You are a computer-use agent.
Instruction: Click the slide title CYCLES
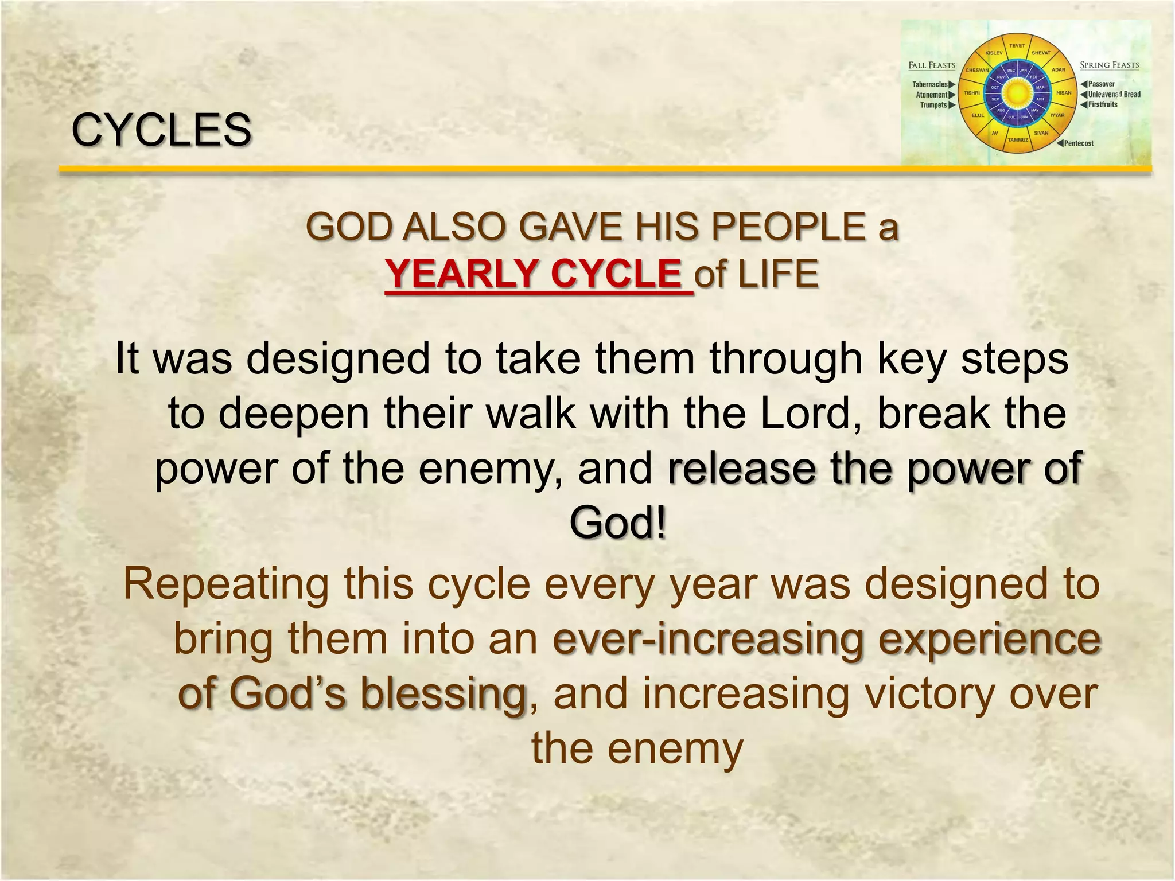(161, 130)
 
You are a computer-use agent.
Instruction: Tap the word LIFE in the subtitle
(778, 274)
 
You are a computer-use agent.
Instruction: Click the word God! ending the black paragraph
(618, 523)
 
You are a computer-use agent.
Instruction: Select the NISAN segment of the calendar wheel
(1064, 93)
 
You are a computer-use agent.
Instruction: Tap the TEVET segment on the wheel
(1017, 46)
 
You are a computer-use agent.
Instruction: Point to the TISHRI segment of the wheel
(971, 93)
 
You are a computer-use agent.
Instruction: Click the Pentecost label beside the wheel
(1079, 143)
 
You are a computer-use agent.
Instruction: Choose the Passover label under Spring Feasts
(1102, 84)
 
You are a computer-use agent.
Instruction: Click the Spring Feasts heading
(1109, 65)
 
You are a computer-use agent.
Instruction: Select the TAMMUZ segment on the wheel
(1018, 140)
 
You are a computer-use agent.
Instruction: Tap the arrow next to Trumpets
(952, 105)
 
